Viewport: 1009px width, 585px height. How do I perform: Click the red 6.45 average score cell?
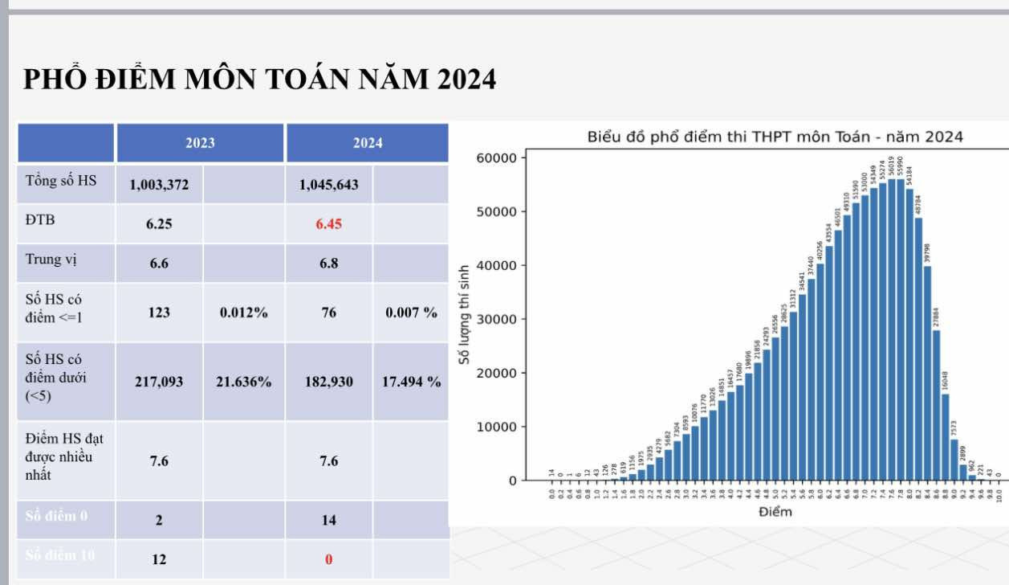click(328, 224)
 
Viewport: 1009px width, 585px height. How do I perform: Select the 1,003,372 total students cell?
click(159, 185)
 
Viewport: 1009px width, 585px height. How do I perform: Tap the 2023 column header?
click(200, 143)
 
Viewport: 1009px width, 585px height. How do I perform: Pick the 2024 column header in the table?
click(368, 143)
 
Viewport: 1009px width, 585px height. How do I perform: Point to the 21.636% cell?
click(243, 382)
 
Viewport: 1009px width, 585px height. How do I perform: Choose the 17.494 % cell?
click(411, 382)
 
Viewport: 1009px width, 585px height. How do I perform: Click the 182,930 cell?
click(328, 382)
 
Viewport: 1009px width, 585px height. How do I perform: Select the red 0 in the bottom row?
click(328, 559)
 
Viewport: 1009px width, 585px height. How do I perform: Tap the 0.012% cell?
click(243, 313)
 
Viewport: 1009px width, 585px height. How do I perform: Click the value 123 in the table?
click(159, 313)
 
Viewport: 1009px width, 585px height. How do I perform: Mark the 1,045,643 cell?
click(328, 185)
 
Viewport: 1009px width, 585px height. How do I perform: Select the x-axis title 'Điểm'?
click(775, 512)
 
